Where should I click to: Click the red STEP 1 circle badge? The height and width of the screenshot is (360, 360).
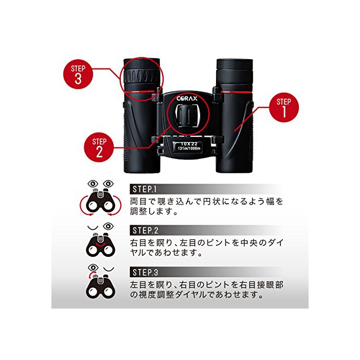click(284, 107)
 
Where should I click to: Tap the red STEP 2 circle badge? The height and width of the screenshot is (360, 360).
click(99, 147)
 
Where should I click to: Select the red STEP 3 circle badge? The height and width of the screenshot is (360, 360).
click(78, 74)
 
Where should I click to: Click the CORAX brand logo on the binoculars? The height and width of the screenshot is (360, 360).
click(187, 99)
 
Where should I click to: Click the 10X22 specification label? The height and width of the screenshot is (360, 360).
click(189, 143)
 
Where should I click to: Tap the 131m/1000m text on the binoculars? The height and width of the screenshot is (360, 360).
click(189, 148)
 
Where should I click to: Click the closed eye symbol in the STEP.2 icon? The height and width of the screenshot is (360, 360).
click(93, 228)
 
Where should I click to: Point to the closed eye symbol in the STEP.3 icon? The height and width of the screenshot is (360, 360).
click(109, 269)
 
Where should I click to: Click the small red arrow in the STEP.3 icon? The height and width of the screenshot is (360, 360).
click(92, 275)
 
